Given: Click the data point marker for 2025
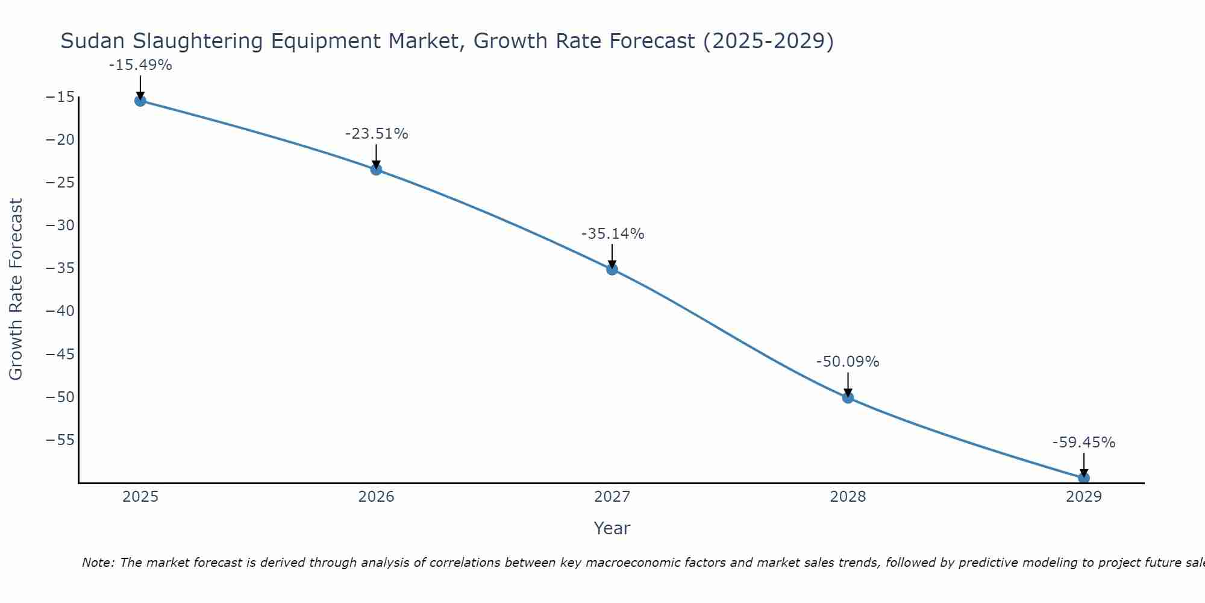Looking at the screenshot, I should pos(140,101).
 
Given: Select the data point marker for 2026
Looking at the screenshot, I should pos(376,169).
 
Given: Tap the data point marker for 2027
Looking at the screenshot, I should pos(612,269).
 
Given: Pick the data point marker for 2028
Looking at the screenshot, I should pos(848,397).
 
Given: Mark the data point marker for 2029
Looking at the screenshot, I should pos(1083,478).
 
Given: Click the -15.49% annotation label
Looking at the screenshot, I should pos(140,65).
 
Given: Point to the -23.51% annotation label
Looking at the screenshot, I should pos(377,134).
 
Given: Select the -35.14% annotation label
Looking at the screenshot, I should pos(613,234).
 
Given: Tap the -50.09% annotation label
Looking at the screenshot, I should pos(848,362).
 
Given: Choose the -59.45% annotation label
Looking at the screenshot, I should pos(1084,443).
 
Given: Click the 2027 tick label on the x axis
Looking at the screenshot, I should pos(612,497).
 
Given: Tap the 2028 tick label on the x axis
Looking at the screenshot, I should pos(848,497).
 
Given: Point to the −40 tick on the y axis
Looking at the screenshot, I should pos(60,311).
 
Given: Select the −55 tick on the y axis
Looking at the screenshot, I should pos(60,440).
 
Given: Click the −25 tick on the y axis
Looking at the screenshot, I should pos(60,183).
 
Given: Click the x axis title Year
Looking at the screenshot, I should pos(612,528).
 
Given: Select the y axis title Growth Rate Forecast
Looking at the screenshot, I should pos(16,289).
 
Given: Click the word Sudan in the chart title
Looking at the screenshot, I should pos(93,42).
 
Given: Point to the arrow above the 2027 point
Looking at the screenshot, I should pos(612,256).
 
